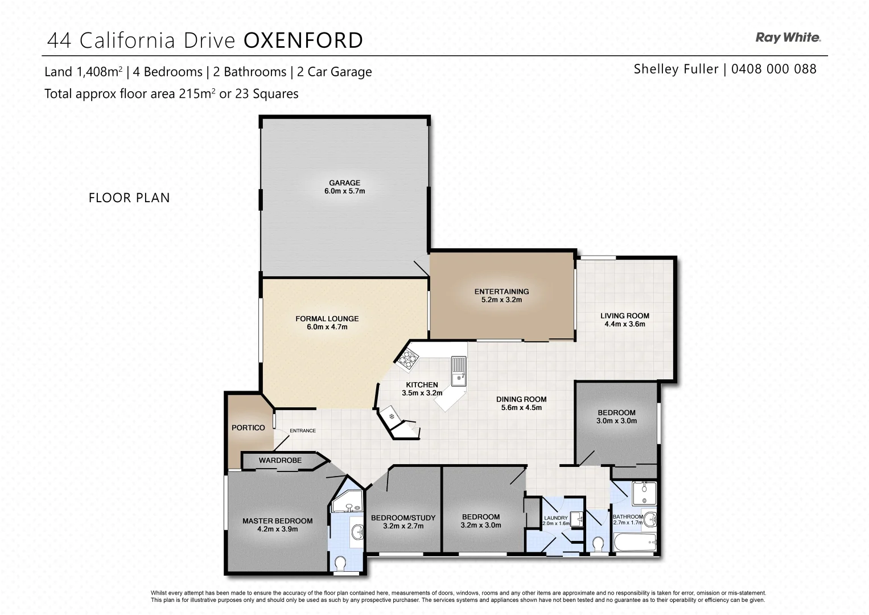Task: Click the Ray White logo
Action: coord(788,38)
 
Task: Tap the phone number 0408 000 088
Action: coord(773,69)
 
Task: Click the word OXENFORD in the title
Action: coord(303,40)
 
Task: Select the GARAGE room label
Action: coord(344,183)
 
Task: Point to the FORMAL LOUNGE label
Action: coord(327,319)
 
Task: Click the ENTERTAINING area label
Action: coord(501,292)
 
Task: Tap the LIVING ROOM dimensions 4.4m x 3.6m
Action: coord(624,325)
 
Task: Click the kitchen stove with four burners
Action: coord(407,358)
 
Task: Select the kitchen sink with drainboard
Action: coord(458,370)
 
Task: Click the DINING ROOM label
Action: coord(521,399)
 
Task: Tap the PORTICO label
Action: coord(248,428)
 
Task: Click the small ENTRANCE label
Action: coord(302,430)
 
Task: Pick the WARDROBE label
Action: coord(280,460)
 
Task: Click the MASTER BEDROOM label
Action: coord(277,520)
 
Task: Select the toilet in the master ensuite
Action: coord(340,563)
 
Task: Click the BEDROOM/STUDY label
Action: coord(403,518)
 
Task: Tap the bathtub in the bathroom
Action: coord(635,542)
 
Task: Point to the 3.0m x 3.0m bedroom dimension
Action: coord(616,421)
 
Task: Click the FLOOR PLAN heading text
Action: coord(129,198)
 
